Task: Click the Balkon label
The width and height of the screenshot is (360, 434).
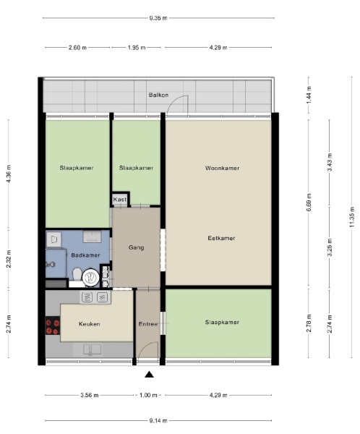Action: click(158, 95)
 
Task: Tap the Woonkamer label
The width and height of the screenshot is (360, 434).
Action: click(222, 168)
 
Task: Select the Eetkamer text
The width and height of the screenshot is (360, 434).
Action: click(221, 238)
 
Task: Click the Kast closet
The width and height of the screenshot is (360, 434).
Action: click(120, 200)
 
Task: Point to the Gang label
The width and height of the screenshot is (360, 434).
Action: click(136, 247)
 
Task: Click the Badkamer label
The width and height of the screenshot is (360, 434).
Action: click(85, 255)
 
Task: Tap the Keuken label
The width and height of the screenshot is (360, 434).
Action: click(90, 324)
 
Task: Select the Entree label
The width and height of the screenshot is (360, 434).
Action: click(147, 324)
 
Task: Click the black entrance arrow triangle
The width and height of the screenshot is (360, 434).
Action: click(149, 375)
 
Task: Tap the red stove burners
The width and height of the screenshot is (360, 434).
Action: click(53, 327)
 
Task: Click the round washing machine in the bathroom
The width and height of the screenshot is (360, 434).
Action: click(90, 277)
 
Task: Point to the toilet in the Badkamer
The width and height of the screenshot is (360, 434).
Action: click(77, 274)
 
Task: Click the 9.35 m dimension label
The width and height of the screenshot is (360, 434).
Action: click(158, 18)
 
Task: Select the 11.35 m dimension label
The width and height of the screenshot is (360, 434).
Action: click(352, 217)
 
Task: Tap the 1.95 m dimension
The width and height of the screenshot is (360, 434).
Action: click(137, 48)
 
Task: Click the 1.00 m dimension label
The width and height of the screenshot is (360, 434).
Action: click(148, 395)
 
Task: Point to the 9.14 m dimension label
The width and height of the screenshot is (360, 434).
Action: click(158, 421)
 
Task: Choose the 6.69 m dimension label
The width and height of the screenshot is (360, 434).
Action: click(309, 203)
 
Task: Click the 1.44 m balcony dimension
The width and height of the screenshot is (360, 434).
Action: click(309, 95)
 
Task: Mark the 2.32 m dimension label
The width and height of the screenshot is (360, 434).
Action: click(9, 259)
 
